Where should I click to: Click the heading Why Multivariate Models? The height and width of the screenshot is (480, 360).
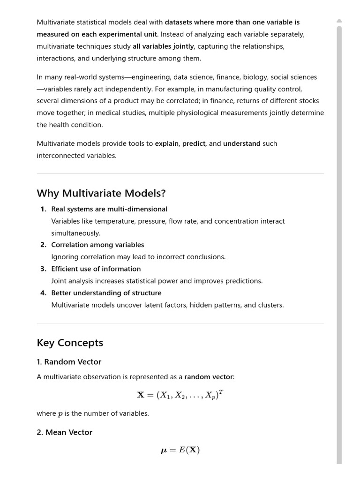(x=101, y=194)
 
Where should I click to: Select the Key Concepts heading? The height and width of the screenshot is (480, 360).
(x=70, y=343)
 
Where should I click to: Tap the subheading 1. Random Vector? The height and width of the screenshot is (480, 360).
(x=69, y=362)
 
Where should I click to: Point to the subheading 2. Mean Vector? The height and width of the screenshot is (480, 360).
(x=64, y=432)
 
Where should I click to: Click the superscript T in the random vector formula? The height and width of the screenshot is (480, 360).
(x=221, y=392)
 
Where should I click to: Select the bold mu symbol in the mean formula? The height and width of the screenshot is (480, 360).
(x=164, y=450)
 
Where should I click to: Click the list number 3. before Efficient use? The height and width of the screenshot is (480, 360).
(x=43, y=269)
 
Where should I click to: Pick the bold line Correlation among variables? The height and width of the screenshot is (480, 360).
(x=97, y=245)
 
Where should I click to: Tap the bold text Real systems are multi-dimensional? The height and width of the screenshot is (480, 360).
(x=109, y=209)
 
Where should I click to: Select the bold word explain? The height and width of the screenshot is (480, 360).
(x=166, y=144)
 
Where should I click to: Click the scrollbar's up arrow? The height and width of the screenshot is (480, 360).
(x=339, y=21)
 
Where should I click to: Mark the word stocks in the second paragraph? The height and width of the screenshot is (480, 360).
(x=309, y=101)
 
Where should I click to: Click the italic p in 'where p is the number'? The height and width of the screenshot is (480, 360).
(x=60, y=414)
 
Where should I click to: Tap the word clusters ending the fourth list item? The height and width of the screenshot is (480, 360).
(x=270, y=305)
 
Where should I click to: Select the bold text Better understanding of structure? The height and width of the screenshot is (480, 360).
(x=106, y=293)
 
